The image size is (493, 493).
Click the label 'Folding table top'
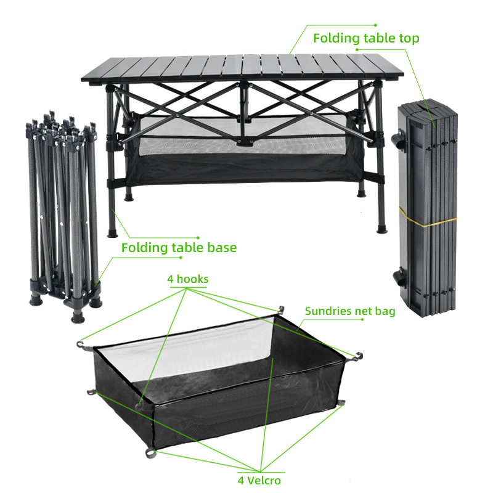366,38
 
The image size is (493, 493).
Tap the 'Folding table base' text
179,248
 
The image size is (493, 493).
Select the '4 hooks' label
187,279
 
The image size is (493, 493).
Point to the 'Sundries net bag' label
350,311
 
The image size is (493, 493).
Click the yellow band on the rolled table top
428,213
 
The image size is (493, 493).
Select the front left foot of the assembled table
113,233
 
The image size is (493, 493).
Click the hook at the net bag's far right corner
357,356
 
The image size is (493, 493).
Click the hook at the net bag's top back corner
280,309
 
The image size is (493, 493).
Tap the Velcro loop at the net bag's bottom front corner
150,454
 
